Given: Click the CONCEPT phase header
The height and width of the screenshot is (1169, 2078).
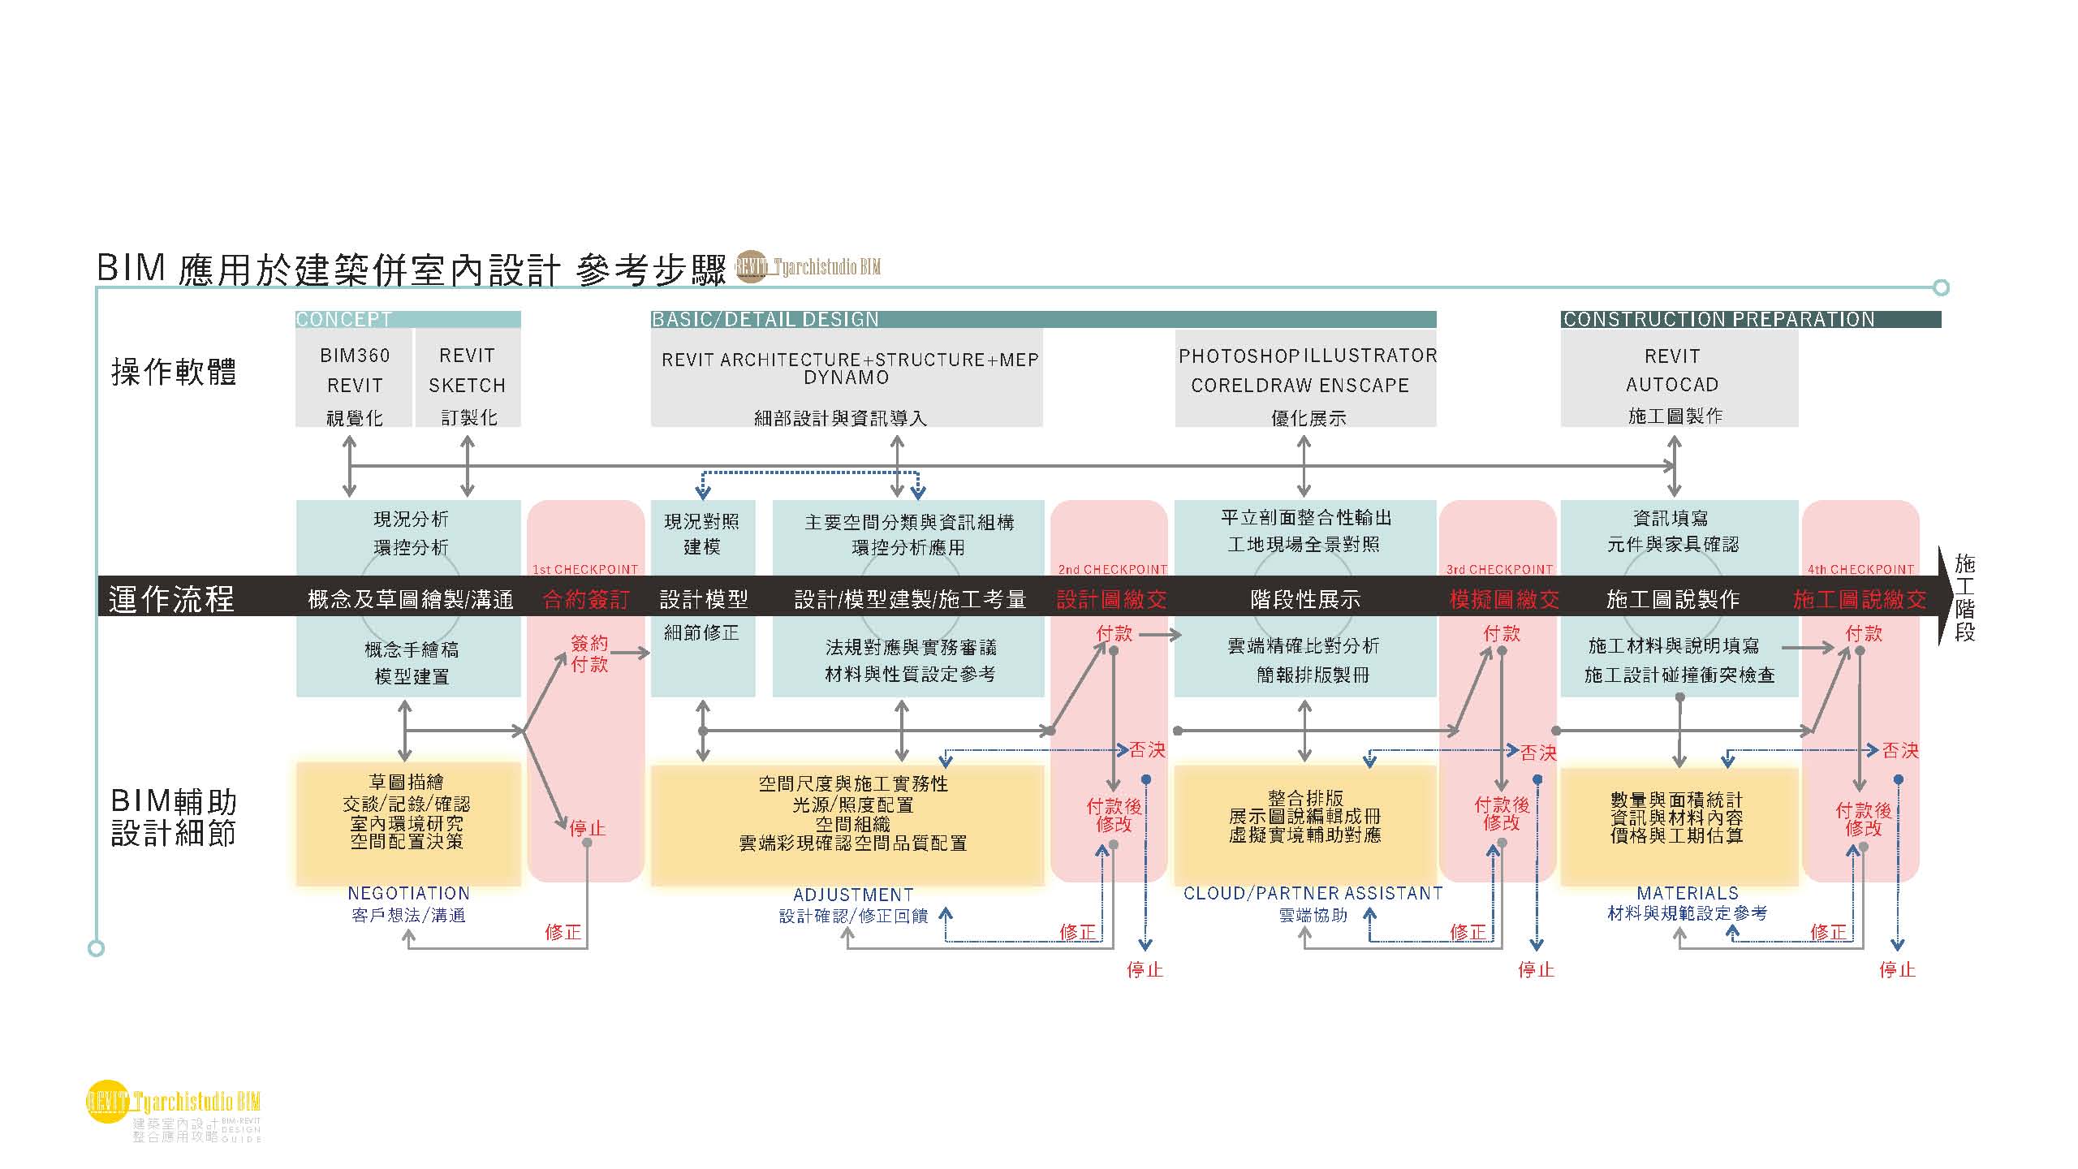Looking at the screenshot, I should pyautogui.click(x=344, y=320).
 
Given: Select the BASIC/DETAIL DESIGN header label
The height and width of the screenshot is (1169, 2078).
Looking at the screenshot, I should pyautogui.click(x=765, y=320).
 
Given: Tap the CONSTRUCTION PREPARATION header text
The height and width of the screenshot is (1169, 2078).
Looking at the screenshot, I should pyautogui.click(x=1719, y=320).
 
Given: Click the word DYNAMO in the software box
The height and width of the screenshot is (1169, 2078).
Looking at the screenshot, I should pyautogui.click(x=847, y=378).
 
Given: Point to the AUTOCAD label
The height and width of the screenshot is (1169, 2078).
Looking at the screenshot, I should pyautogui.click(x=1672, y=385).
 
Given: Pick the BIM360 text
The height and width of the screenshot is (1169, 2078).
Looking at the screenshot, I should pyautogui.click(x=355, y=356).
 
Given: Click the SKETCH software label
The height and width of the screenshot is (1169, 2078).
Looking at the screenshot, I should pyautogui.click(x=467, y=386).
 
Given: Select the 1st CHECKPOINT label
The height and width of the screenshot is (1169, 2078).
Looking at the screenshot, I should pyautogui.click(x=585, y=569).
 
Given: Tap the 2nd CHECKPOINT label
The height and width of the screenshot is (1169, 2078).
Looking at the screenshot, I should pyautogui.click(x=1112, y=569).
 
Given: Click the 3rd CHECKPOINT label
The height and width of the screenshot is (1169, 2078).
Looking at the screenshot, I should pyautogui.click(x=1499, y=569).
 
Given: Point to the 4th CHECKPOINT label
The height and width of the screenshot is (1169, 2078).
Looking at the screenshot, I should pyautogui.click(x=1860, y=569).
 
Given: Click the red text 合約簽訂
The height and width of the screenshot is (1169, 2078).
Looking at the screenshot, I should pyautogui.click(x=585, y=600).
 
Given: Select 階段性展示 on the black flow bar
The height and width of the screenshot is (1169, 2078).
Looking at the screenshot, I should pyautogui.click(x=1305, y=600).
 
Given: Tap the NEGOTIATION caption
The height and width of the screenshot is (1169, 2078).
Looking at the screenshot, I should pyautogui.click(x=408, y=893).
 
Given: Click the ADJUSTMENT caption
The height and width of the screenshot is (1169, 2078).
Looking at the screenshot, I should pyautogui.click(x=853, y=895).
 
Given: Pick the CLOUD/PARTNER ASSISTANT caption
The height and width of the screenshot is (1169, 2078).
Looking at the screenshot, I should pyautogui.click(x=1313, y=893).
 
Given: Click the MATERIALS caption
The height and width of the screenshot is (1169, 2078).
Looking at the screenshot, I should pyautogui.click(x=1688, y=892).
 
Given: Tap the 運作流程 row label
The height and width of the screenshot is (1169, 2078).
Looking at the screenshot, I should pyautogui.click(x=172, y=600).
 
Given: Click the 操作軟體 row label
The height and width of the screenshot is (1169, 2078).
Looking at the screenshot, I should pyautogui.click(x=174, y=373).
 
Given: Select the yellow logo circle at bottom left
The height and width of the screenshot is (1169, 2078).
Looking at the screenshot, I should pyautogui.click(x=107, y=1102).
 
